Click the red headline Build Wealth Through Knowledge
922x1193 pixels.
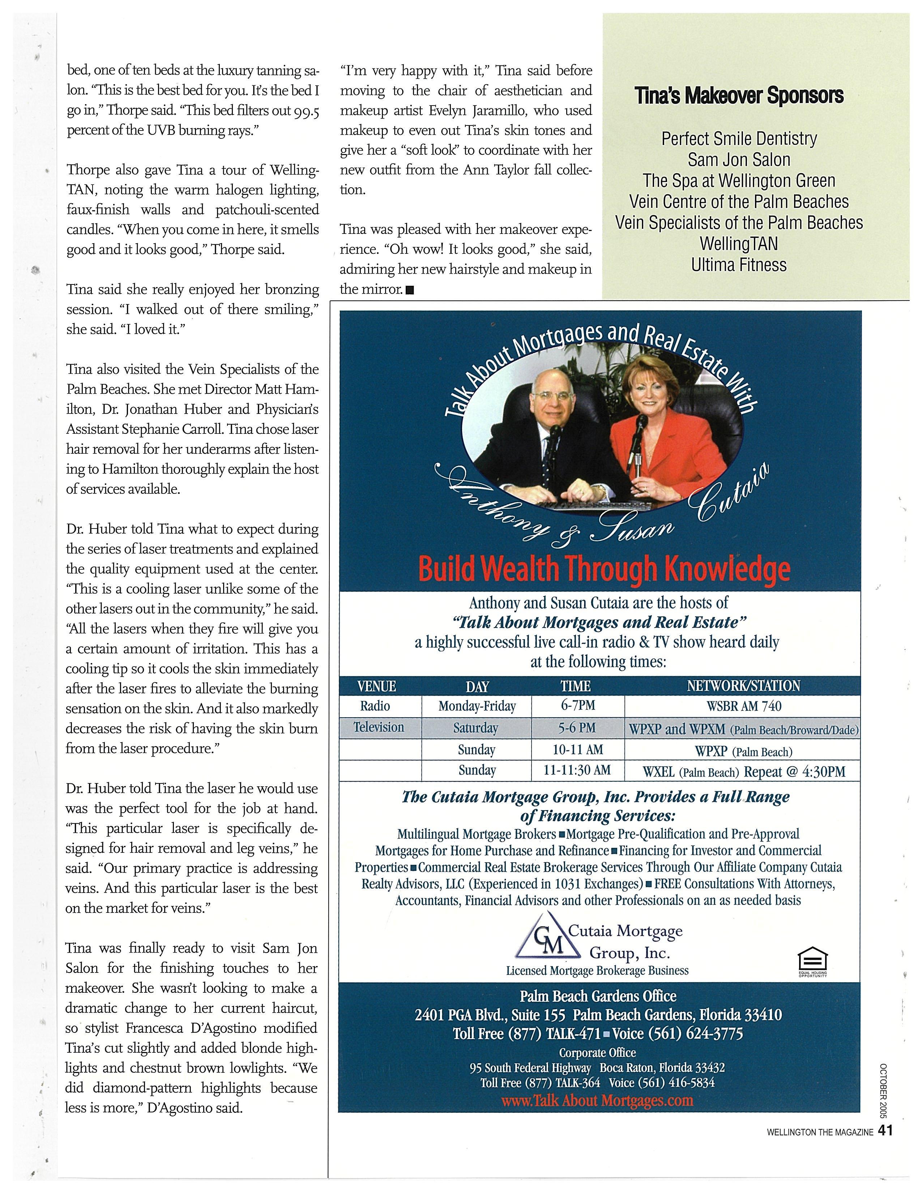(603, 569)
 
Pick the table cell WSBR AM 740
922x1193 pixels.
(743, 706)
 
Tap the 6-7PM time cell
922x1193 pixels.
(577, 705)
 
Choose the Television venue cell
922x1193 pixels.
(379, 727)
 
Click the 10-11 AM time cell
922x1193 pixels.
(577, 749)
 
